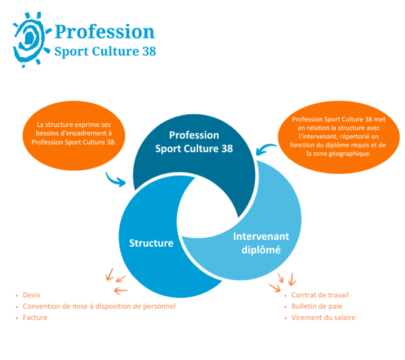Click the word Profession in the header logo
[x=104, y=31]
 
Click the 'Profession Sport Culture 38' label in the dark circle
[x=194, y=142]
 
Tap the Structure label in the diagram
[x=151, y=243]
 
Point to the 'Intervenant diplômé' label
[x=261, y=243]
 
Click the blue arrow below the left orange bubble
[x=115, y=180]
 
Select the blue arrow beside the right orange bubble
[x=267, y=149]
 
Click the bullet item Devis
[x=32, y=295]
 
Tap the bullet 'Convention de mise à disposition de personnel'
[x=99, y=306]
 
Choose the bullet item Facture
[x=35, y=318]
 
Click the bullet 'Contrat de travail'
[x=320, y=295]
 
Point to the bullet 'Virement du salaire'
[x=323, y=318]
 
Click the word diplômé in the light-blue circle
[x=261, y=249]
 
